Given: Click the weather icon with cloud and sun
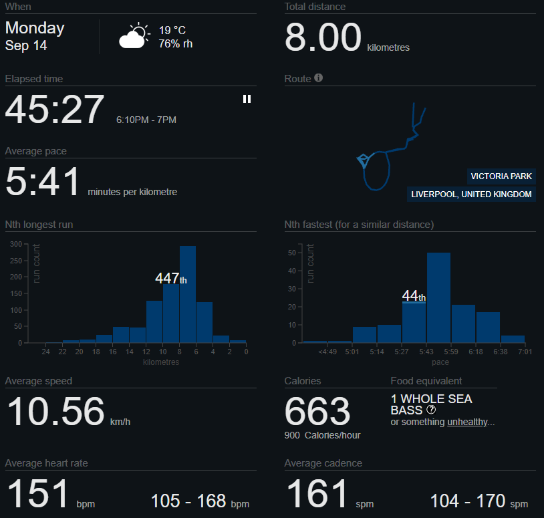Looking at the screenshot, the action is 134,35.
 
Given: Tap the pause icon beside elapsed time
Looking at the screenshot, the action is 247,99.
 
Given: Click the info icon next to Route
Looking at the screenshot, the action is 319,78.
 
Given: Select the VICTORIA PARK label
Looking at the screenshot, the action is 501,176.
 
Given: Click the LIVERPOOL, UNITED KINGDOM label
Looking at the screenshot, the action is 471,194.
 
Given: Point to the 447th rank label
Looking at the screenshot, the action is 170,278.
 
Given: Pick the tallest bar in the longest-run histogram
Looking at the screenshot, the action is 188,294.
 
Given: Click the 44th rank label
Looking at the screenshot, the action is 414,296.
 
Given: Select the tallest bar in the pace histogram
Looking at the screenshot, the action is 438,297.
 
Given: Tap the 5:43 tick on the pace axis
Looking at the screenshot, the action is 426,352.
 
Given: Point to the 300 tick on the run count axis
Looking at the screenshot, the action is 16,244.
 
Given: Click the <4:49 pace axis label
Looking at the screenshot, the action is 327,352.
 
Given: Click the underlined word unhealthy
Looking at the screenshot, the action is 467,422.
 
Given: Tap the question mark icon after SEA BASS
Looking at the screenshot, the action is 431,410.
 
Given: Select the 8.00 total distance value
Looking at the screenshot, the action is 323,37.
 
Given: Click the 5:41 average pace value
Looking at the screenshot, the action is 43,181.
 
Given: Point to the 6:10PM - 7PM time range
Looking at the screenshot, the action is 146,120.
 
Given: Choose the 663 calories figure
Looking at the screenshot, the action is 317,412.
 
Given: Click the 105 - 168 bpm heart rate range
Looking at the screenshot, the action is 200,501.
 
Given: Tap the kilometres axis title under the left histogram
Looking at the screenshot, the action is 161,362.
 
